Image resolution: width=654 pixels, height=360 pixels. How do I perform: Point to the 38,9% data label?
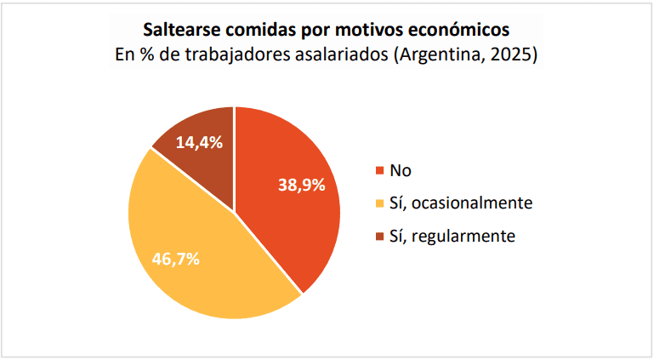pyautogui.click(x=302, y=185)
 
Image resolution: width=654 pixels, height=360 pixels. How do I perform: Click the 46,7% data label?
pyautogui.click(x=176, y=259)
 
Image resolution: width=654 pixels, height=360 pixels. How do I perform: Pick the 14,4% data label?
pyautogui.click(x=199, y=142)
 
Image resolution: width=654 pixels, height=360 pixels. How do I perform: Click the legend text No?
pyautogui.click(x=401, y=170)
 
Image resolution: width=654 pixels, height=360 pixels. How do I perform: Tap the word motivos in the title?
pyautogui.click(x=367, y=30)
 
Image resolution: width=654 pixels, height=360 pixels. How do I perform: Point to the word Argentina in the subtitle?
pyautogui.click(x=437, y=56)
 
